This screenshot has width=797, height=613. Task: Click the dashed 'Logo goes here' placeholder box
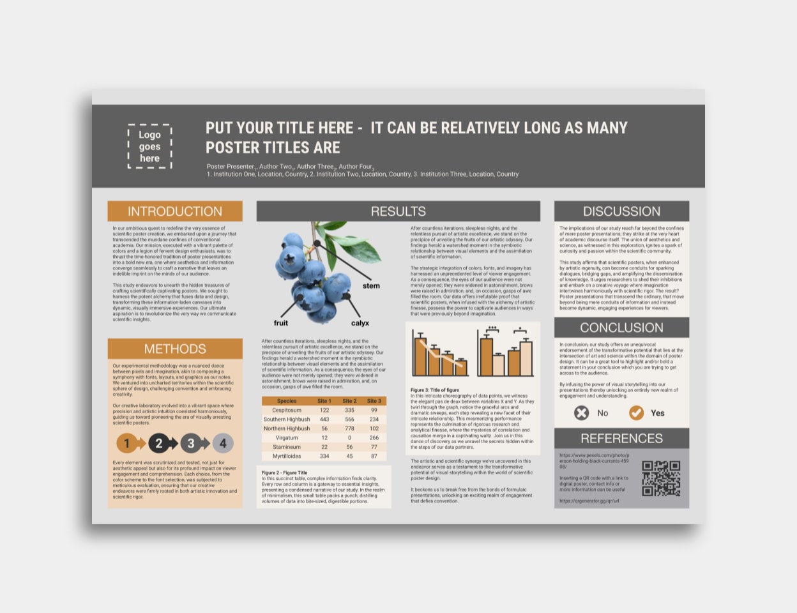149,146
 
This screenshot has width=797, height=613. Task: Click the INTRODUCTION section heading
174,211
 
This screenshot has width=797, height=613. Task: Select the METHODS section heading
174,349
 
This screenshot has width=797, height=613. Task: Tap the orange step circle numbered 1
126,443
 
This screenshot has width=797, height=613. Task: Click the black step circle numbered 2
158,443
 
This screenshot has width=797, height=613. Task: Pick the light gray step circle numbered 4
223,443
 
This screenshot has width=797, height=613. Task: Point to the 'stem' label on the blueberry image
371,285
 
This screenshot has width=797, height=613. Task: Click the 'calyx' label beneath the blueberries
360,323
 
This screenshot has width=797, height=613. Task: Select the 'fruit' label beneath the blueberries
281,323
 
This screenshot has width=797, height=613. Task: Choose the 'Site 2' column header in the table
349,401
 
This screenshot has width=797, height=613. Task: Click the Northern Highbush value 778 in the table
349,428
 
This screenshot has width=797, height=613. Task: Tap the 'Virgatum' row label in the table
287,438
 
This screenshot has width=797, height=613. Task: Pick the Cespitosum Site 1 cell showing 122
324,410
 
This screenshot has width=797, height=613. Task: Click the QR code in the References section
661,478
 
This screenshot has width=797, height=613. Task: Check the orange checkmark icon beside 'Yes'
636,413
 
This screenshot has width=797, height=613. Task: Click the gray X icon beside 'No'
581,413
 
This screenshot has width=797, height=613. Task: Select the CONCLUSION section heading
621,328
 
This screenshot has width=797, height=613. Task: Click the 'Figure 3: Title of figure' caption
434,390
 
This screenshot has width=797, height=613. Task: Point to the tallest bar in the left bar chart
420,356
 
